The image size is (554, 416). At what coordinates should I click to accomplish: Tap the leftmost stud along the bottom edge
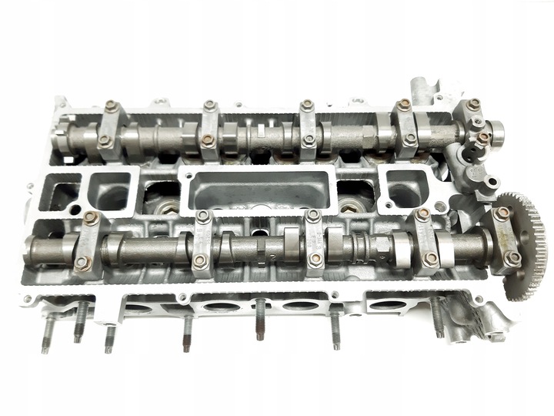click(x=48, y=331)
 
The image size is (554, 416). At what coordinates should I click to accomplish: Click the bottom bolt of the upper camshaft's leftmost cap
click(x=105, y=141)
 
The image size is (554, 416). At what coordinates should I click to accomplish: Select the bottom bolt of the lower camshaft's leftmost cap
click(x=82, y=263)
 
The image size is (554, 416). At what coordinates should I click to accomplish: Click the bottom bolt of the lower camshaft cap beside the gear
click(x=511, y=258)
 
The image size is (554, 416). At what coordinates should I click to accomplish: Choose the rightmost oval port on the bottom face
click(x=385, y=304)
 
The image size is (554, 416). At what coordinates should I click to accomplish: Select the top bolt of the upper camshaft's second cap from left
click(x=210, y=106)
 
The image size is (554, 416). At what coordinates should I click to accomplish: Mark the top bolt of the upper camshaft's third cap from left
click(x=307, y=105)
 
